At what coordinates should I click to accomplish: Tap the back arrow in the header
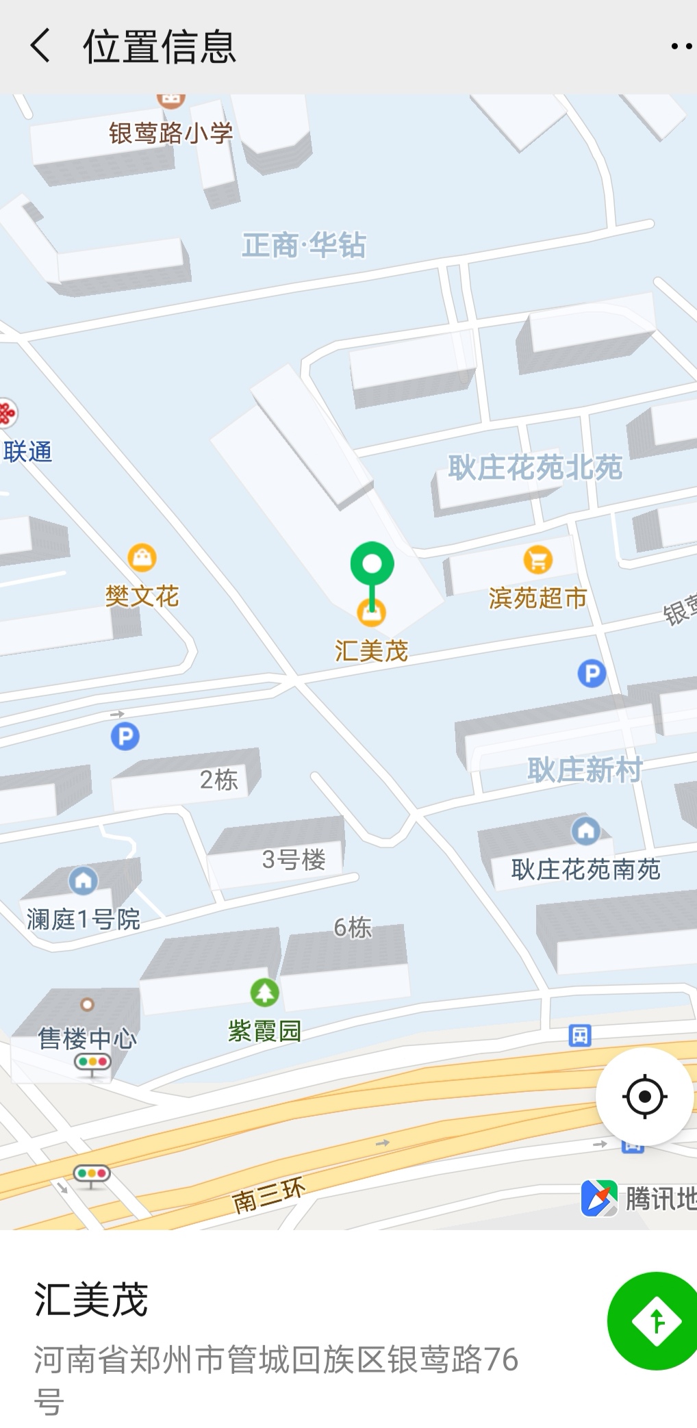coord(40,47)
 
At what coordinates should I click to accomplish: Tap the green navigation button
coord(655,1321)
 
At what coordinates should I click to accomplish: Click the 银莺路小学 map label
coord(171,132)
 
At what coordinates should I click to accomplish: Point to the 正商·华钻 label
coord(303,245)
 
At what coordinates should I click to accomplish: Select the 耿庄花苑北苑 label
coord(535,468)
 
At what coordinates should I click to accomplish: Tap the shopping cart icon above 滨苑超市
coord(538,560)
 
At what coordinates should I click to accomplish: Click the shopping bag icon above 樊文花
coord(142,558)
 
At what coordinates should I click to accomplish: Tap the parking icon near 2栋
coord(125,737)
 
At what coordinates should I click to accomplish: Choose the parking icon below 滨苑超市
coord(592,674)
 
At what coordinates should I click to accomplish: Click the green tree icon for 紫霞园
coord(264,992)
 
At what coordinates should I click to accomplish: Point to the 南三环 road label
coord(268,1195)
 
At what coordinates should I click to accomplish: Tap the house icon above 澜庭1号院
coord(84,880)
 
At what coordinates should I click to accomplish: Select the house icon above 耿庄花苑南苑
coord(585,831)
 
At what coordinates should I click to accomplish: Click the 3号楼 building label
coord(293,859)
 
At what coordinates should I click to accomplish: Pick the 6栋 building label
coord(353,928)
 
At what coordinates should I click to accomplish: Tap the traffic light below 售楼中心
coord(93,1063)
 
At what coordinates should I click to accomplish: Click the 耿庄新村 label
coord(585,770)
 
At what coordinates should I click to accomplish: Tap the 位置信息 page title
coord(159,47)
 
